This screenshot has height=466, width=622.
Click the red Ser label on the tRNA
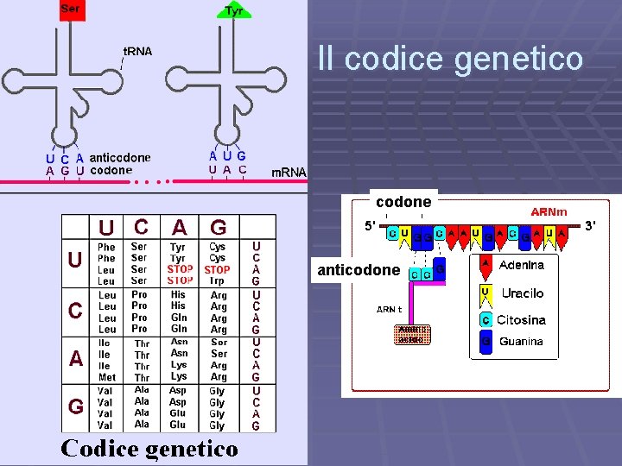tap(72, 9)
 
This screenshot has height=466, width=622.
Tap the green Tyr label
tap(233, 10)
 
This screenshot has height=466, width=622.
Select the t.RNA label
tap(137, 51)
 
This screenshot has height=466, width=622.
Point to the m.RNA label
tap(289, 172)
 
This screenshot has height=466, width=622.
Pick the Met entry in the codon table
tap(107, 378)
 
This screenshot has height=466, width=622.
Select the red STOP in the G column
tap(218, 269)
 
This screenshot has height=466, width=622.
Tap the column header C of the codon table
tap(141, 226)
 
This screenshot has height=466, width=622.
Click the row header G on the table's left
tap(76, 405)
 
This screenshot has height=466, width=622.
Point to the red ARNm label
tap(549, 211)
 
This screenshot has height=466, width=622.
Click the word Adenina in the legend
tap(522, 265)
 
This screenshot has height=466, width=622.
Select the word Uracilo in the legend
tap(523, 293)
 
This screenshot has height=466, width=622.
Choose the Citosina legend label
tap(521, 319)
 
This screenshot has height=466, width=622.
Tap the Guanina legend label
tap(521, 342)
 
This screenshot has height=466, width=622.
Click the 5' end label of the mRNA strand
tap(371, 226)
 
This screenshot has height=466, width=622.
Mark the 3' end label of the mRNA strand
tap(592, 226)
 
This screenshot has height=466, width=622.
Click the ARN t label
tap(389, 309)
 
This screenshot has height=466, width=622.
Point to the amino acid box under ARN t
tap(409, 335)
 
